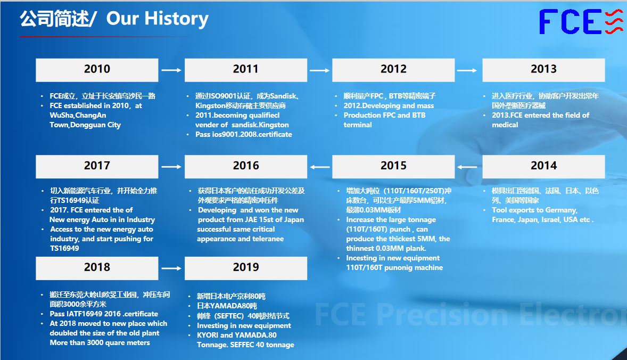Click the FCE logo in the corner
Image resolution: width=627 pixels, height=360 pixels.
tap(581, 22)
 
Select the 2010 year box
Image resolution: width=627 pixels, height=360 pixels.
tap(97, 70)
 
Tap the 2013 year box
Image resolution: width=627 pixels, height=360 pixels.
tap(543, 70)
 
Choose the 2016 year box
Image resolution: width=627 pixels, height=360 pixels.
tap(246, 166)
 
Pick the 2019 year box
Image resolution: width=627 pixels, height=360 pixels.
tap(246, 268)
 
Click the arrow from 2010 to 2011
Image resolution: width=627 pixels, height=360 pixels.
tap(171, 70)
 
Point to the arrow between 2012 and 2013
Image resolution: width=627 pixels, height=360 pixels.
tap(467, 70)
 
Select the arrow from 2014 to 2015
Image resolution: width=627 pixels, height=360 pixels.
tap(467, 167)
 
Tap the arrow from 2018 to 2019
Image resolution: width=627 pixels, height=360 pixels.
tap(171, 268)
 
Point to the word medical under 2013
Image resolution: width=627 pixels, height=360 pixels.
tap(505, 125)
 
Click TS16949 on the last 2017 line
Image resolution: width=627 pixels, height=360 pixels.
tap(64, 248)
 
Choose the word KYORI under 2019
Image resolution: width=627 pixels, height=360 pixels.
tap(208, 335)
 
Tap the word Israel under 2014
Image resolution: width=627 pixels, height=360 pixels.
tap(551, 219)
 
